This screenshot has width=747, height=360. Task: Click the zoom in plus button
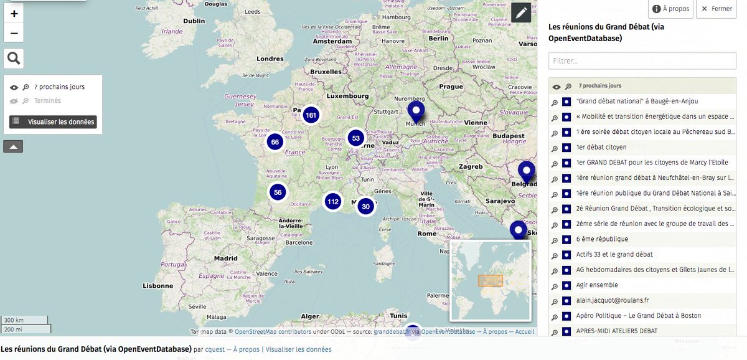tap(14, 13)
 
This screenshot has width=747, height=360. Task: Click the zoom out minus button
tap(14, 32)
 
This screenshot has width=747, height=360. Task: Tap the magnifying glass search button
tap(14, 59)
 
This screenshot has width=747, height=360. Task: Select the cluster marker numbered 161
tap(311, 115)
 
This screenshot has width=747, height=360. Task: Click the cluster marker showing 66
tap(275, 142)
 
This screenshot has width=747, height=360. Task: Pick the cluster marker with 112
tap(333, 201)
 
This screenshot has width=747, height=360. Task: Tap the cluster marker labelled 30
tap(365, 207)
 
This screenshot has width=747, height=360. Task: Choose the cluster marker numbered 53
tap(355, 138)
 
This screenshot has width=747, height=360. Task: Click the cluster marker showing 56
tap(278, 192)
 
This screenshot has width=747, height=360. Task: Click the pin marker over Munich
tap(416, 111)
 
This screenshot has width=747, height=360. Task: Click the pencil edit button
tap(521, 12)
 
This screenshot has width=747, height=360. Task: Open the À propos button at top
tap(670, 9)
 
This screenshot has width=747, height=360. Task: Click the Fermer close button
tap(717, 9)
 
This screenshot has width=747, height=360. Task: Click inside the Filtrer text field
tap(642, 61)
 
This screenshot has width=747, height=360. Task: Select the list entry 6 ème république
tap(602, 239)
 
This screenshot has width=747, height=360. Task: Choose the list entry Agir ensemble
tap(597, 285)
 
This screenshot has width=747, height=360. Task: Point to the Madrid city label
tap(226, 258)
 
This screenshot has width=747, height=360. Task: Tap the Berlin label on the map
tap(438, 38)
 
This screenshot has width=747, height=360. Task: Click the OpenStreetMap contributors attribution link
tap(268, 332)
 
